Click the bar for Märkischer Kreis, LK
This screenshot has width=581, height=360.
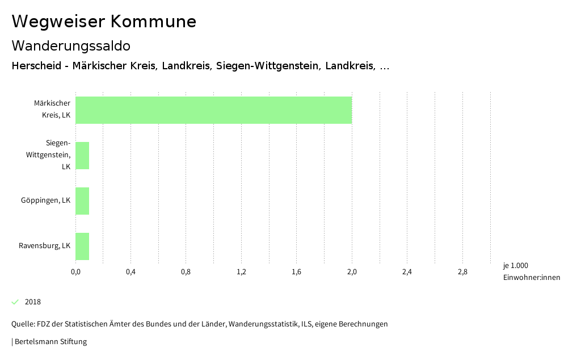point(213,110)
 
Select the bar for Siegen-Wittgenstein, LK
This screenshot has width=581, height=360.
point(82,156)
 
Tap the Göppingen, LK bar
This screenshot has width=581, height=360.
point(82,201)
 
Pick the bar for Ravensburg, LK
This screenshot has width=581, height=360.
point(82,246)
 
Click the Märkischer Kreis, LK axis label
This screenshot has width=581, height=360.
point(52,109)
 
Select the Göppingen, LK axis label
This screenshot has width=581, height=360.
point(45,200)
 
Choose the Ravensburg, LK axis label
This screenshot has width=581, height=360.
point(44,246)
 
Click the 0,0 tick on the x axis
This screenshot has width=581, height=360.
point(75,272)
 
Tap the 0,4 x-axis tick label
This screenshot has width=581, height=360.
point(130,272)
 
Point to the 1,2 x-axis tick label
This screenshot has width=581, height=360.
point(241,272)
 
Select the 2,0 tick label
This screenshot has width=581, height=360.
point(352,272)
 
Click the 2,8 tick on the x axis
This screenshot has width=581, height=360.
point(462,272)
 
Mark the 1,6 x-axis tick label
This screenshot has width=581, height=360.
point(296,272)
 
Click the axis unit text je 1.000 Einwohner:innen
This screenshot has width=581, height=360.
point(531,271)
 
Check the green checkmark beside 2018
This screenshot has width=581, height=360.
point(15,302)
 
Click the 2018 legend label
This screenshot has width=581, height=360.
point(33,302)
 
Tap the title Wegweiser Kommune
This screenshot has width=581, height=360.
point(104,22)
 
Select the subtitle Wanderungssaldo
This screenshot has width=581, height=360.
point(71,45)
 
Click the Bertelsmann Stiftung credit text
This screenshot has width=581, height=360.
point(50,342)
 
